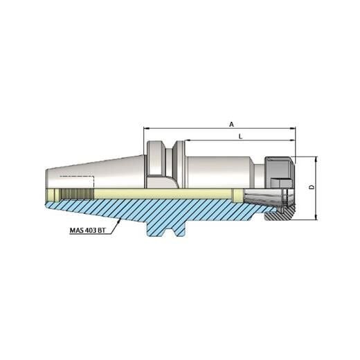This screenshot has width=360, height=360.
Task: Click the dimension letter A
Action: tap(231, 124)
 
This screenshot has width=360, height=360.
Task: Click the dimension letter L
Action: tap(240, 136)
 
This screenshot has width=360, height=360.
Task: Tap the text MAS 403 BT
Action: tap(88, 231)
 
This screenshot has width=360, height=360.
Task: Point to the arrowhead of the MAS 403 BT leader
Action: tap(120, 219)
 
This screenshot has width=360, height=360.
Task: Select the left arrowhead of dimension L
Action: tap(188, 141)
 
